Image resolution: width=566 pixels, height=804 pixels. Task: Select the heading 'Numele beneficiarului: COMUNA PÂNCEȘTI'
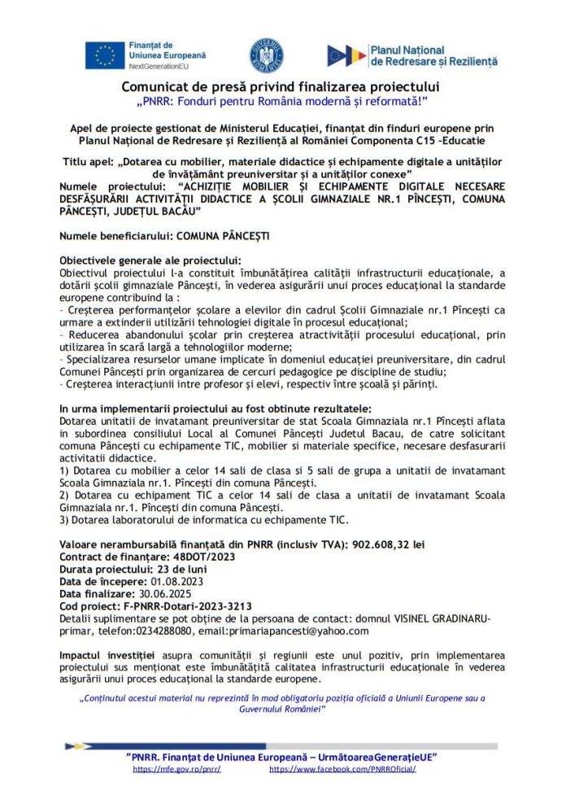164,236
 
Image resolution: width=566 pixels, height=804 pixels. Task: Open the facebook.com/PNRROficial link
342,769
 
